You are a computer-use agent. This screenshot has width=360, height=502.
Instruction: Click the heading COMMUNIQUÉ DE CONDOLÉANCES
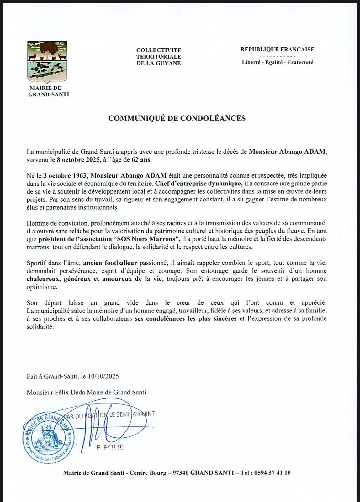point(177,118)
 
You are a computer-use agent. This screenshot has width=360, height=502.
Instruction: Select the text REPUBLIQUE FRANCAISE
point(277,49)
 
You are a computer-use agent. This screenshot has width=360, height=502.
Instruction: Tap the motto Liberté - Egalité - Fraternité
point(277,62)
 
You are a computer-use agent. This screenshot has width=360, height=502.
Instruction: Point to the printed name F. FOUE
point(110,447)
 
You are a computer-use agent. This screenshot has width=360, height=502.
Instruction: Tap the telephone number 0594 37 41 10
point(270,473)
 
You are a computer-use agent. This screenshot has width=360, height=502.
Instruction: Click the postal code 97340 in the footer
point(181,473)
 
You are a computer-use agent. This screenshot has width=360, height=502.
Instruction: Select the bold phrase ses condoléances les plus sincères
point(186,318)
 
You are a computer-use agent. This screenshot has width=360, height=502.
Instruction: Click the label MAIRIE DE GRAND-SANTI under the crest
point(49,91)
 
